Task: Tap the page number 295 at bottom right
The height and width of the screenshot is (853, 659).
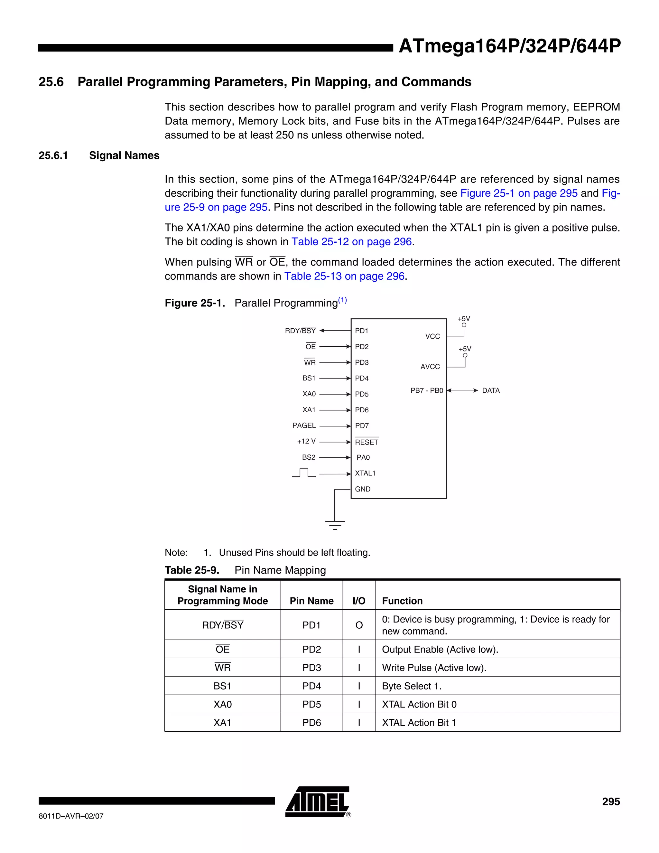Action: tap(611, 801)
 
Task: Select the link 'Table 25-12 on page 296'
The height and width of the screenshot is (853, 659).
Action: tap(351, 242)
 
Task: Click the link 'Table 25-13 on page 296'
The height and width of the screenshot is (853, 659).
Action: tap(344, 276)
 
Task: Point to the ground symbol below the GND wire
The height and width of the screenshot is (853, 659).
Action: tap(335, 525)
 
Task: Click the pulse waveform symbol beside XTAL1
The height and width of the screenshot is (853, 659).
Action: tap(304, 473)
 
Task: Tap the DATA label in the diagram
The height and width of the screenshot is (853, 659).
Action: tap(491, 390)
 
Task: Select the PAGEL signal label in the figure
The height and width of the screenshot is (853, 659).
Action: tap(304, 425)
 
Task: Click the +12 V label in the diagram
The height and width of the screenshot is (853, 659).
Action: tap(306, 441)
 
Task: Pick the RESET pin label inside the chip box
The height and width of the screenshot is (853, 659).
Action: tap(367, 442)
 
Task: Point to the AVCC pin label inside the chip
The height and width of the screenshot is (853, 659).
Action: tap(430, 367)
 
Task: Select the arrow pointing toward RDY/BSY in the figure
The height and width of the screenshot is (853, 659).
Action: tap(335, 331)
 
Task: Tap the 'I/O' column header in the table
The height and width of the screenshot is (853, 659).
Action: tap(359, 601)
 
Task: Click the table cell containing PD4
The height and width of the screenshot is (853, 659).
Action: tap(311, 686)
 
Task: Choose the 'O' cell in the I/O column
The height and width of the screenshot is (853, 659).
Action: tap(359, 625)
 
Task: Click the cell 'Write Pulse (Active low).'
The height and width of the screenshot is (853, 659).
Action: tap(434, 668)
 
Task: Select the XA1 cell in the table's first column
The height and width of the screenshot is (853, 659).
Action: tap(223, 723)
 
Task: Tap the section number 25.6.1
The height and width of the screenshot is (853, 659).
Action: tap(53, 155)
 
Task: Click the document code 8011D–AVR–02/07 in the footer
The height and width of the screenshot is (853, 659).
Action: tap(71, 816)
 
